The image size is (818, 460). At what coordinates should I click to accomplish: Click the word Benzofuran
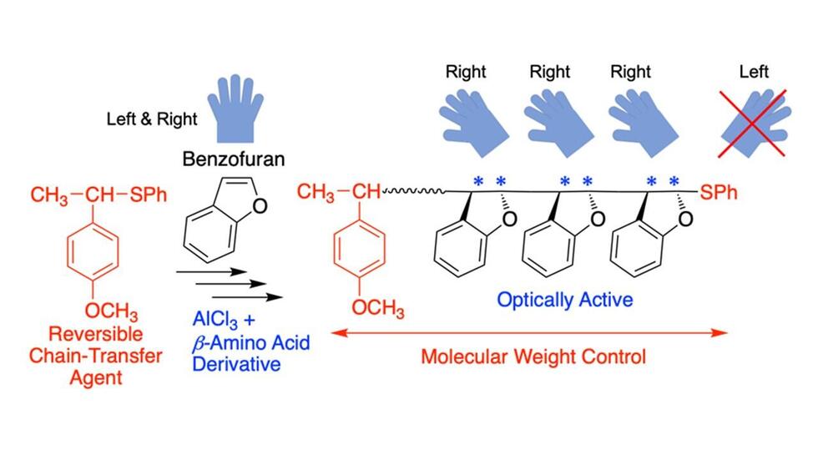233,159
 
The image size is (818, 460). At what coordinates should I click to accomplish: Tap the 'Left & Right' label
152,119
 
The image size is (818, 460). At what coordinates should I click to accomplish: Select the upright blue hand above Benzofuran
235,109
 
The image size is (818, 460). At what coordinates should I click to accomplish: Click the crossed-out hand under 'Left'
753,123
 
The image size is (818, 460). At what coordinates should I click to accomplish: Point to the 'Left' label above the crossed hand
754,72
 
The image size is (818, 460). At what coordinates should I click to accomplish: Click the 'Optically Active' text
564,300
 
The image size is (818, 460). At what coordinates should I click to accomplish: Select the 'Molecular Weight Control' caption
533,356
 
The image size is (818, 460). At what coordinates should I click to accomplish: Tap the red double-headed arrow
529,333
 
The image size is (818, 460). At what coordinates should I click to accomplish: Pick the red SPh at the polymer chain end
719,193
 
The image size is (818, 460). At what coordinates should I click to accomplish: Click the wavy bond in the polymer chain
413,192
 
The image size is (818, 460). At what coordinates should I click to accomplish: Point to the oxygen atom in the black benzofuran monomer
260,205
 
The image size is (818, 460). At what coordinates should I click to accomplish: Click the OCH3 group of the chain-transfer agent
111,311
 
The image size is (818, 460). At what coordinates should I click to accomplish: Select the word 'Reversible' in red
95,334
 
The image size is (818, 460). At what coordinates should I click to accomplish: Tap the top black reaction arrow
211,271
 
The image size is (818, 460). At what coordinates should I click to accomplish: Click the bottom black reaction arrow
247,297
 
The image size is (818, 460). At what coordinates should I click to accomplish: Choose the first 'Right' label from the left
466,72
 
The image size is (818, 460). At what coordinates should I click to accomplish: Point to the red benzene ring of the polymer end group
360,249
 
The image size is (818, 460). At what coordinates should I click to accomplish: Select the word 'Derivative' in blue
236,364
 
